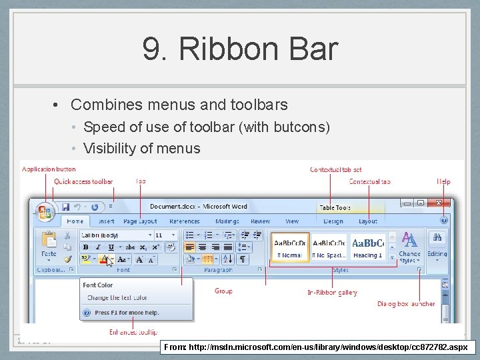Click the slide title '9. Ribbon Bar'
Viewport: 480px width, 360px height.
tap(240, 49)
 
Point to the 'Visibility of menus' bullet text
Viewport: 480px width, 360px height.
tap(141, 148)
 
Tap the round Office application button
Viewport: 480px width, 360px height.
tap(45, 212)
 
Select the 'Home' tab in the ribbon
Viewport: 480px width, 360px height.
tap(75, 221)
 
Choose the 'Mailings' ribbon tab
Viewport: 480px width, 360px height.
tap(227, 221)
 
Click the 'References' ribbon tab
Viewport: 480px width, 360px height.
tap(185, 221)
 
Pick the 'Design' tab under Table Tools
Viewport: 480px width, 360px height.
tap(333, 221)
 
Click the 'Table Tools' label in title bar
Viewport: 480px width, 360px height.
tap(335, 208)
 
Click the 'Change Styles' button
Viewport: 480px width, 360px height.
tap(409, 246)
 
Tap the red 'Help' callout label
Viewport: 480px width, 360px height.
tap(443, 181)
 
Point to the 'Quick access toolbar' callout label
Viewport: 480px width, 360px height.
tap(83, 181)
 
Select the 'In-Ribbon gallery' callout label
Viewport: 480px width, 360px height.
tap(332, 292)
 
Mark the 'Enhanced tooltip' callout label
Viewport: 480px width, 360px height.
tap(133, 332)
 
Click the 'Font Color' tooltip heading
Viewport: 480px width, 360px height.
tap(98, 285)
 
